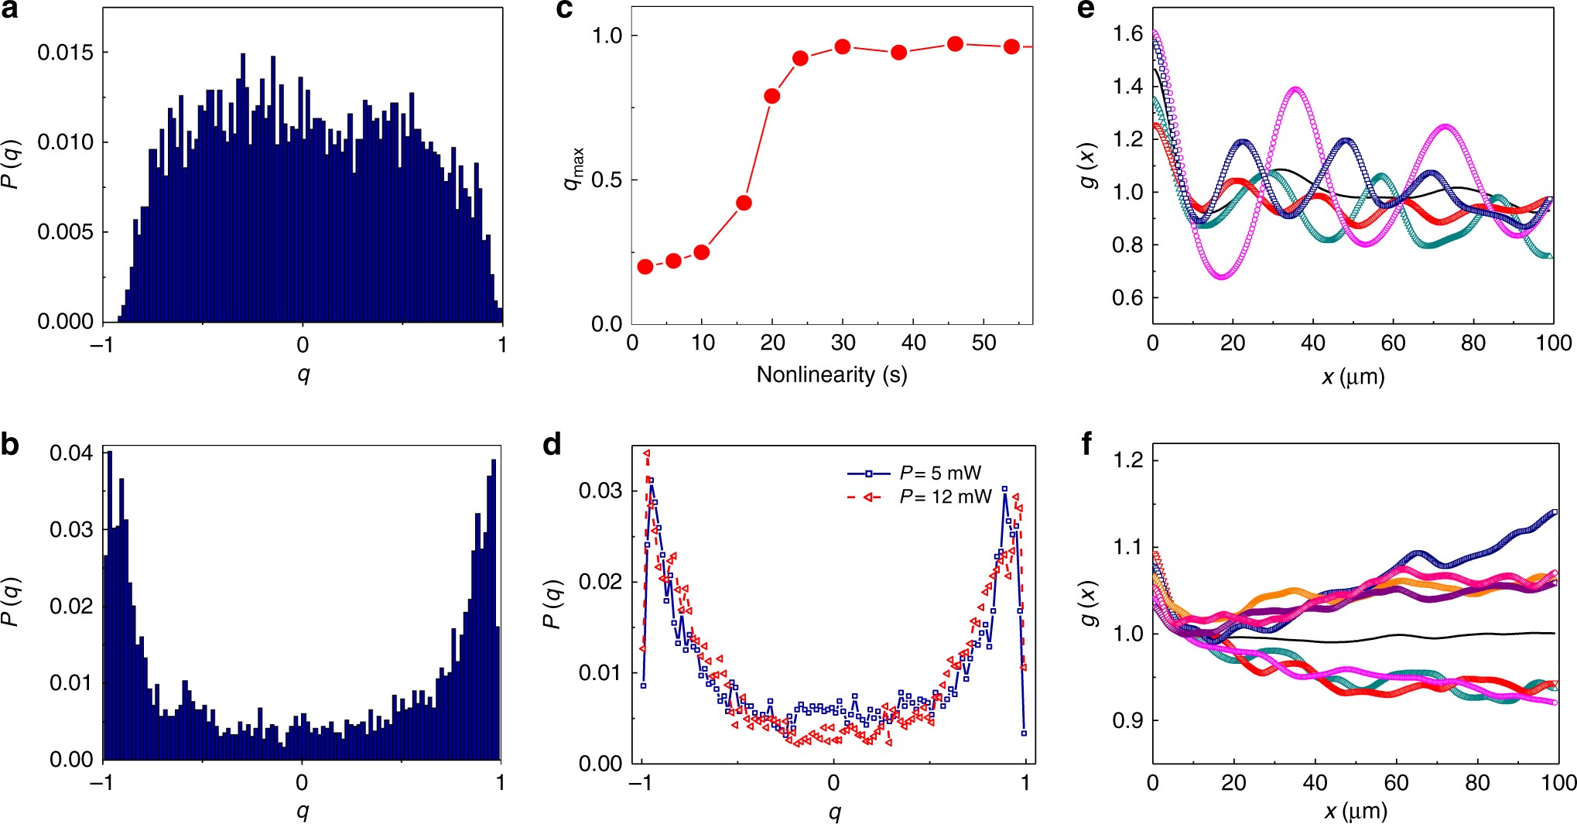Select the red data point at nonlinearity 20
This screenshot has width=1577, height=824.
click(x=771, y=96)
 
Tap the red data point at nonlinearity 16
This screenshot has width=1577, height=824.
click(x=744, y=203)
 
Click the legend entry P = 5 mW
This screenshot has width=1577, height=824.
click(x=939, y=473)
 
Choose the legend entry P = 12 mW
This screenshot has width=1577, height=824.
click(x=944, y=497)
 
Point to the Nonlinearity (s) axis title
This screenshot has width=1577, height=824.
click(x=831, y=374)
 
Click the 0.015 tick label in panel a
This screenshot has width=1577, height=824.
click(x=65, y=53)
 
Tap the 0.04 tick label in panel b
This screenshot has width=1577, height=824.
click(x=71, y=453)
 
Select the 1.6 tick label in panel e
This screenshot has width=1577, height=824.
click(x=1127, y=33)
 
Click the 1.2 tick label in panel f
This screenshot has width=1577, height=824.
click(x=1127, y=460)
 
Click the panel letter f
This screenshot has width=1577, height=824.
click(x=1087, y=445)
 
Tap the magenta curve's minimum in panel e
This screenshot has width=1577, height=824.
click(x=1222, y=276)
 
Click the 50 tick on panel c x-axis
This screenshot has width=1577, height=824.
click(x=983, y=343)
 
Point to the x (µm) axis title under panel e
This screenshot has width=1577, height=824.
click(x=1353, y=377)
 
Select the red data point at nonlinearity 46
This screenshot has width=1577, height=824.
click(x=955, y=44)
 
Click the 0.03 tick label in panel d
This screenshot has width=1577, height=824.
click(x=600, y=491)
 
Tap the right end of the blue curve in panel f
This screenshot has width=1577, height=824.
click(x=1554, y=511)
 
